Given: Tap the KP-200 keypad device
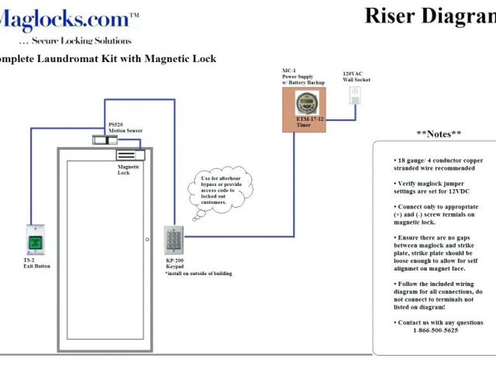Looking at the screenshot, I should point(173,241).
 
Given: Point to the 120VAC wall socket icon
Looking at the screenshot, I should point(356,95).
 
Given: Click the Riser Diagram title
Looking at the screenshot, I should point(429,15).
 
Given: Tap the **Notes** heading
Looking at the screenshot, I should point(439,133).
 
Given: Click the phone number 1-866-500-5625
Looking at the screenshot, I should point(435,330).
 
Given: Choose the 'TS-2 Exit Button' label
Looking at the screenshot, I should point(36,263).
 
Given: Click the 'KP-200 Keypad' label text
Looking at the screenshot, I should point(176,265).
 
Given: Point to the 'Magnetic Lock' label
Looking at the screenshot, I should point(129,170).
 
